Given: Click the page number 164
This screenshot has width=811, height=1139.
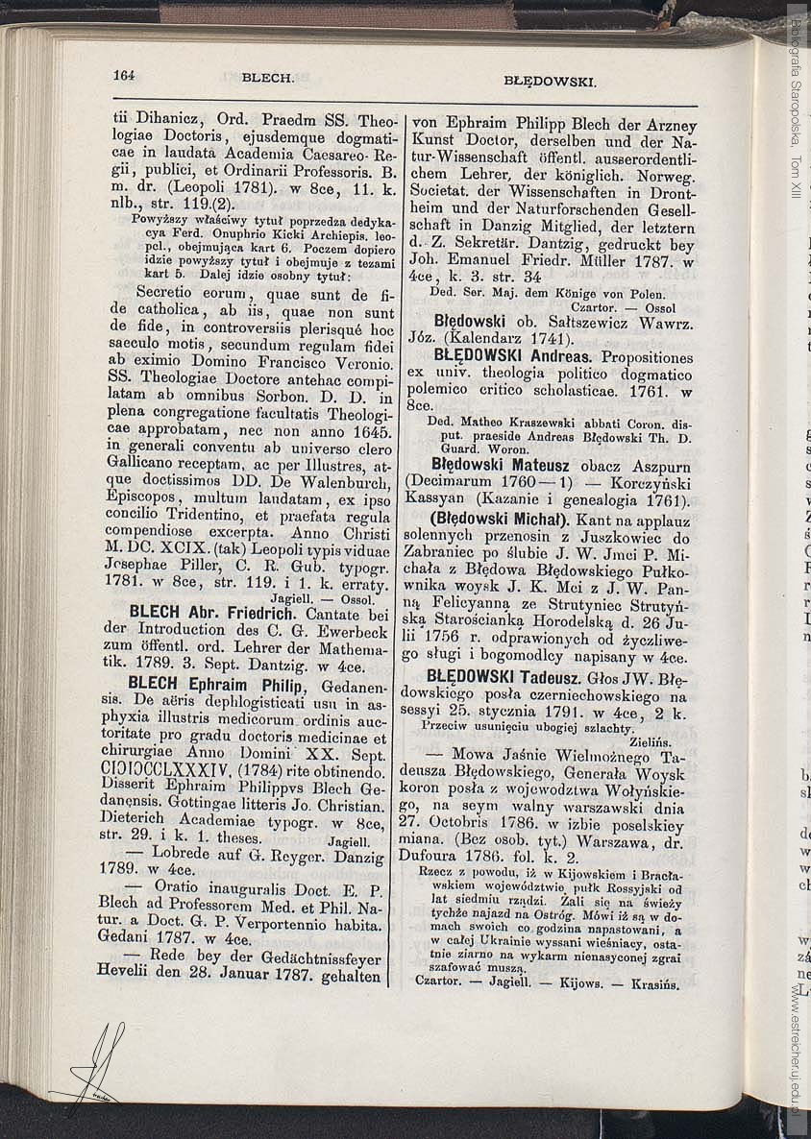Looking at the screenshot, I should click(x=123, y=75).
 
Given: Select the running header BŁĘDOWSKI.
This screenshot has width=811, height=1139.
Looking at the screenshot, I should click(x=550, y=82).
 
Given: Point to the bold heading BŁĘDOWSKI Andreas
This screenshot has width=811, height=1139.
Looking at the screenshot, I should click(x=513, y=356).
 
